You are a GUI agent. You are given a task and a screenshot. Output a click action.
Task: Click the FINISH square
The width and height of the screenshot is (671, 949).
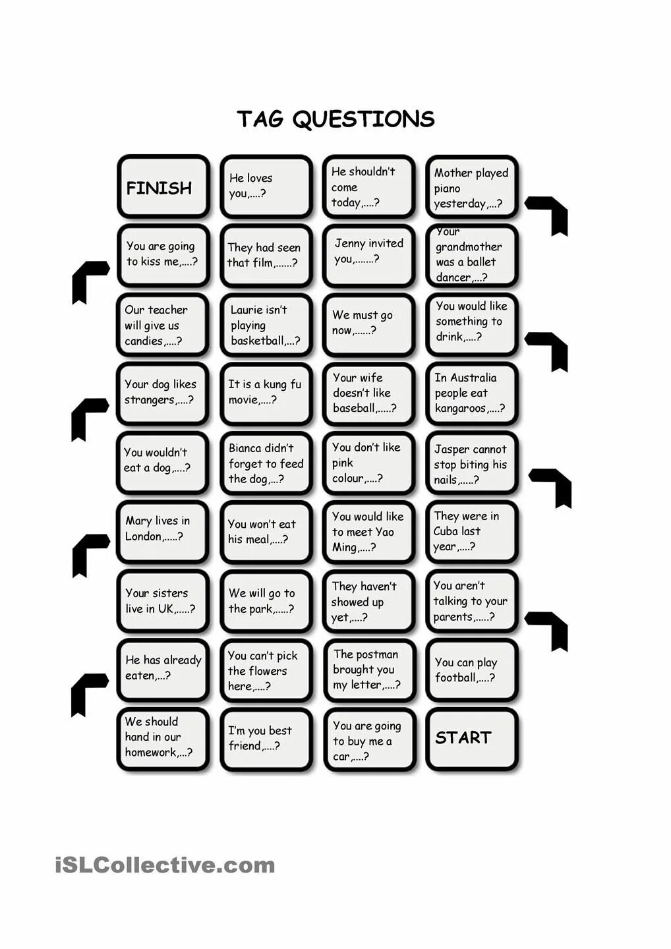[163, 187]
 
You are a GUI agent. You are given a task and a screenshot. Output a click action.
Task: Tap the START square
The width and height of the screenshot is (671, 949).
[471, 739]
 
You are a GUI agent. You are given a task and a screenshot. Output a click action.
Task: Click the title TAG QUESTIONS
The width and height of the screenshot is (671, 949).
[335, 119]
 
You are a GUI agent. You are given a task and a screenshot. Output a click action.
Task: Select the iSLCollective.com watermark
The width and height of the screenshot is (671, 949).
[165, 865]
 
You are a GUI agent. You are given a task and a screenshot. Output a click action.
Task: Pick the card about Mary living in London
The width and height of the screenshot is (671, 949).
[163, 531]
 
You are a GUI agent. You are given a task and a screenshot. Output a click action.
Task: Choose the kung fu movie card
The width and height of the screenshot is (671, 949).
[266, 393]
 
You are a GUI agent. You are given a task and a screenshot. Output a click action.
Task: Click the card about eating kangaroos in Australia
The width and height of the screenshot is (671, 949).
[471, 393]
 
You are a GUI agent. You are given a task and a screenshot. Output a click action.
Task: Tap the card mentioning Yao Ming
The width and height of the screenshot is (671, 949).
[368, 532]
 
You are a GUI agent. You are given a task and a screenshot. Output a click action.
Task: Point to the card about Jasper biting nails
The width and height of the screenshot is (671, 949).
[471, 463]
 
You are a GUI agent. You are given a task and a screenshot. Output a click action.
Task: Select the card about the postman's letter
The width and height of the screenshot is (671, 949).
[368, 670]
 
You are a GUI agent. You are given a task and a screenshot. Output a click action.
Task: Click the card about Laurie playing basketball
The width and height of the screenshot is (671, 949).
[266, 325]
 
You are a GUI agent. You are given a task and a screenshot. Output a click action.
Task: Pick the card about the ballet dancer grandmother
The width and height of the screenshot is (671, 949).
[471, 256]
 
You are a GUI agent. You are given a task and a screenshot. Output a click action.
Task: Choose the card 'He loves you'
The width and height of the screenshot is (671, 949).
[266, 187]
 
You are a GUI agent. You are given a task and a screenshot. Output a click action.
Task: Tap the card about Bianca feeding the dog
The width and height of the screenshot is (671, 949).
[266, 463]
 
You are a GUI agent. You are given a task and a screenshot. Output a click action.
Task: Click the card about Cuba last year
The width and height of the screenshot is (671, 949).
[471, 532]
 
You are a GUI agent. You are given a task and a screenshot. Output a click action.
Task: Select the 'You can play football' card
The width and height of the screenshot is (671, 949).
[471, 670]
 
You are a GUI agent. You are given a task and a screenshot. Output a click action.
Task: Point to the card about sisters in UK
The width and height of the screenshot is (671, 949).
[163, 601]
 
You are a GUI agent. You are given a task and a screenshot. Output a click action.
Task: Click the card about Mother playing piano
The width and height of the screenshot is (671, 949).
[471, 187]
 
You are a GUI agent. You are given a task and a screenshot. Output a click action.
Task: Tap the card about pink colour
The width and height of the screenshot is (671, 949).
[368, 463]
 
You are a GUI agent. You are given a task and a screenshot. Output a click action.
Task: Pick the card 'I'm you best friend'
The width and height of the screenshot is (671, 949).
[266, 739]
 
